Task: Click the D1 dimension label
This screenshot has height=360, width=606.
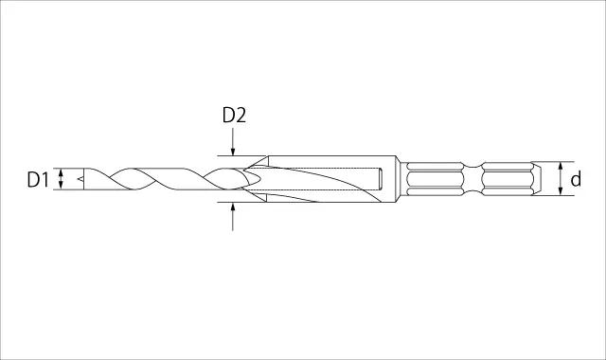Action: pos(38,180)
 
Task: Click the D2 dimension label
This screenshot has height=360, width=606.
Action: pos(234,116)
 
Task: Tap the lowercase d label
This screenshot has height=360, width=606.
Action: pos(576,179)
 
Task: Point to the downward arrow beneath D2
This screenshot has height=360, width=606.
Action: pos(233,141)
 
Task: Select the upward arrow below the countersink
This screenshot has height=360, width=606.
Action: pos(233,217)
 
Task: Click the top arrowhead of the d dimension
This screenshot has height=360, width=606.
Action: pos(561,167)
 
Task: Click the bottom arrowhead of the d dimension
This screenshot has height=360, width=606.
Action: pos(561,190)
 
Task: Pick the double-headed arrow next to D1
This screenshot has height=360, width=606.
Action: pos(61,179)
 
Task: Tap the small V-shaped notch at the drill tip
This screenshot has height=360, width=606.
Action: pos(80,179)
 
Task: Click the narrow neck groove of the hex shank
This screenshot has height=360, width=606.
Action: pos(472,179)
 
